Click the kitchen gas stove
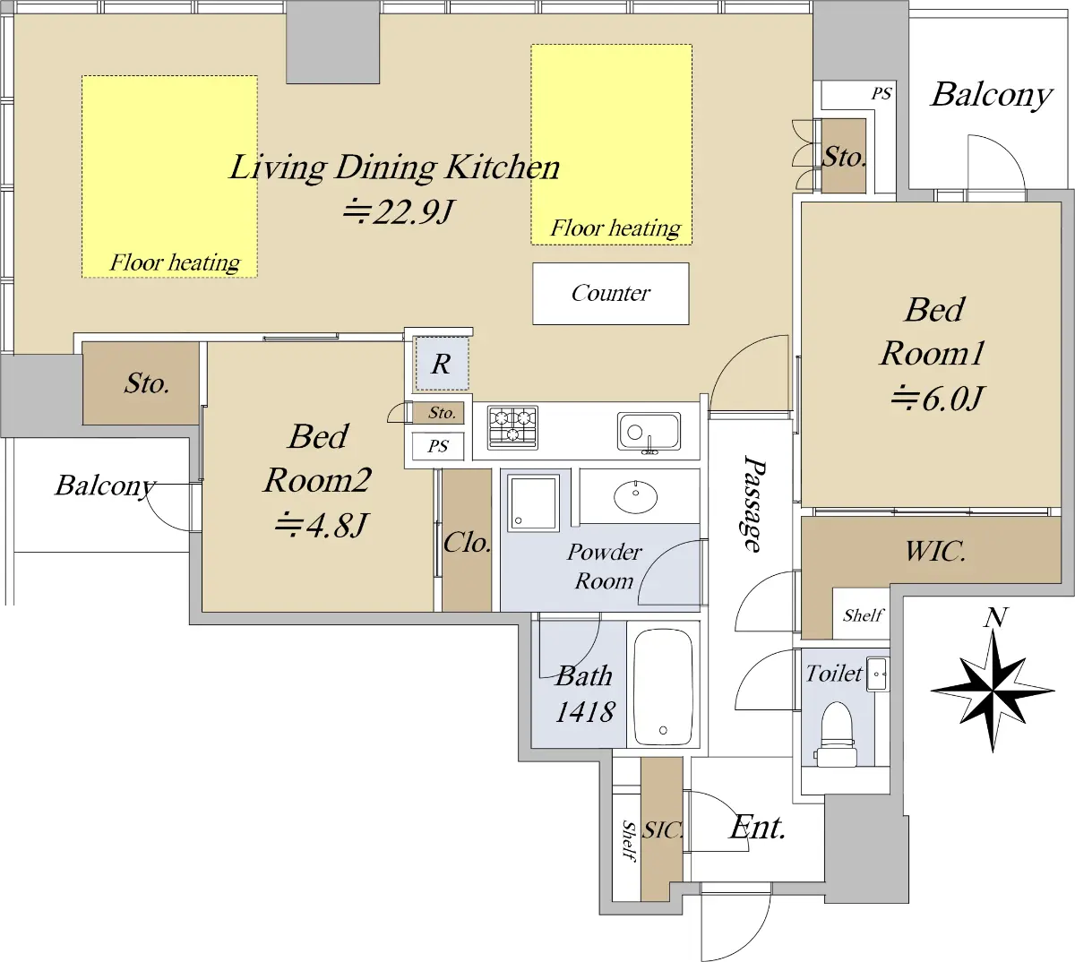tap(512, 427)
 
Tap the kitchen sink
tap(649, 432)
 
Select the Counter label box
tap(611, 294)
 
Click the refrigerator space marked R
tap(442, 364)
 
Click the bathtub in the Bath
tap(663, 687)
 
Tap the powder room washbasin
tap(636, 497)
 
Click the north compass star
tap(993, 691)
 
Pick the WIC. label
tap(935, 551)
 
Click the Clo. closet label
tap(467, 543)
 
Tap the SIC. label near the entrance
tap(662, 830)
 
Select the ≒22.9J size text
tap(399, 211)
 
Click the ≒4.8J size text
tap(321, 525)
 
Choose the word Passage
tap(752, 503)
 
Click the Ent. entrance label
tap(757, 828)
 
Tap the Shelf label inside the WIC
tap(863, 615)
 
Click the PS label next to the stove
tap(438, 446)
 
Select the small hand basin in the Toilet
tap(877, 674)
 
